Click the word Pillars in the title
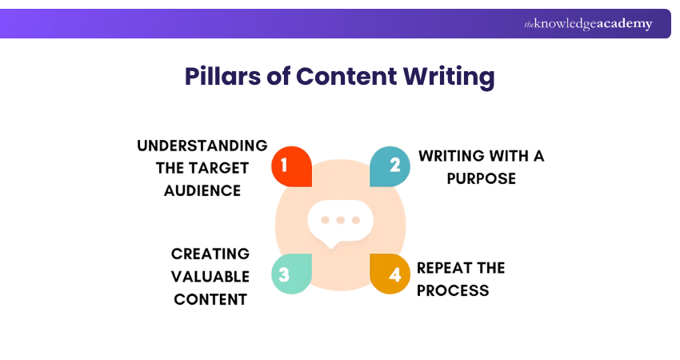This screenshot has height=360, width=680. (221, 77)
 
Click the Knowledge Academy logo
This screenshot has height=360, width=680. (588, 24)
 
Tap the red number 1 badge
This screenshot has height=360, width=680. (290, 166)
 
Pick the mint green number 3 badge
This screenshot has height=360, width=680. (290, 274)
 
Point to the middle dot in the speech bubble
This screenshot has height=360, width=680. (341, 219)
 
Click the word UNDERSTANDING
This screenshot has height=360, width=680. (202, 146)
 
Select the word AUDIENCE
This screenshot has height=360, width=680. (202, 190)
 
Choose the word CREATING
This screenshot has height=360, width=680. (210, 254)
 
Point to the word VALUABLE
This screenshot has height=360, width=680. (211, 276)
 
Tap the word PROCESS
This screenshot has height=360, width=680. (453, 290)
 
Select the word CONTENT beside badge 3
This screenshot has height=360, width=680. (211, 299)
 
